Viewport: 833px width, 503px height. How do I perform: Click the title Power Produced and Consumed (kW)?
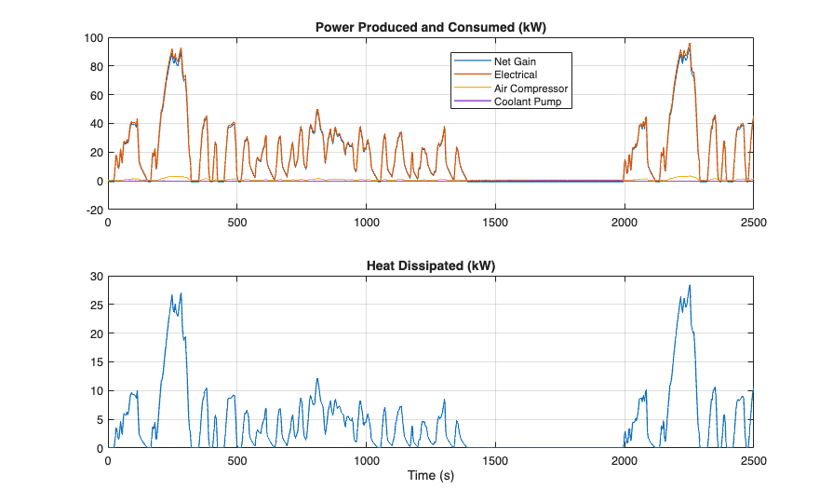tap(430, 27)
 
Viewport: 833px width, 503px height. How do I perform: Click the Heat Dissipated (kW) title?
tap(430, 265)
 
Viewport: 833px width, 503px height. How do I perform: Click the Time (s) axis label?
tap(430, 476)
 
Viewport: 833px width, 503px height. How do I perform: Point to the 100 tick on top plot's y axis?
tap(93, 38)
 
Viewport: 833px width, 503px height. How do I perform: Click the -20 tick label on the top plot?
tap(94, 210)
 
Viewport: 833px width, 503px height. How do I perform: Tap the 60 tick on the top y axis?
tap(96, 95)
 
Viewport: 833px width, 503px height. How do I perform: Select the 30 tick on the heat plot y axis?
tap(96, 277)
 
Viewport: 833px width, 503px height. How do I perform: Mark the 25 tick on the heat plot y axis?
tap(96, 305)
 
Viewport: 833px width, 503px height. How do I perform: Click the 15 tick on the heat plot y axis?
tap(96, 362)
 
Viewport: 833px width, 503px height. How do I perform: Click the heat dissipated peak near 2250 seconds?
tap(690, 285)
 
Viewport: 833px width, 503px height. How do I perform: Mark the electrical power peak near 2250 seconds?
tap(690, 43)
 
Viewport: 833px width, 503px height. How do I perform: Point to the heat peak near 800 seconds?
tap(317, 378)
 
